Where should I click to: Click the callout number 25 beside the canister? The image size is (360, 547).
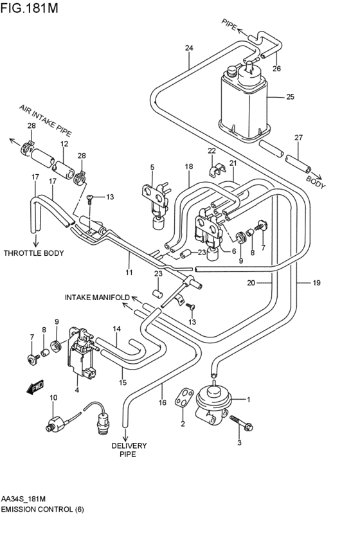click(x=290, y=97)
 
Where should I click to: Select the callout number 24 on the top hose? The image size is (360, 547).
click(x=189, y=48)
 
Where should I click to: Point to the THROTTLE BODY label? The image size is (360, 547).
click(x=33, y=253)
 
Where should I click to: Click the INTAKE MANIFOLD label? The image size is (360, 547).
click(x=97, y=298)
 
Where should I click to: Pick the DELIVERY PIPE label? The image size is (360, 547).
click(x=129, y=450)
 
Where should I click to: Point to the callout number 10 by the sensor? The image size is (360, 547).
click(x=53, y=398)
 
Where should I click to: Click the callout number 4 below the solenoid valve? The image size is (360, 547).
click(x=77, y=390)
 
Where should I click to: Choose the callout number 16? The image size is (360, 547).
click(x=163, y=403)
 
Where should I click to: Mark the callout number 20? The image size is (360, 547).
click(x=251, y=282)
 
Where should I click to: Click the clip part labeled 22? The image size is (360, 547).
click(x=216, y=170)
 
